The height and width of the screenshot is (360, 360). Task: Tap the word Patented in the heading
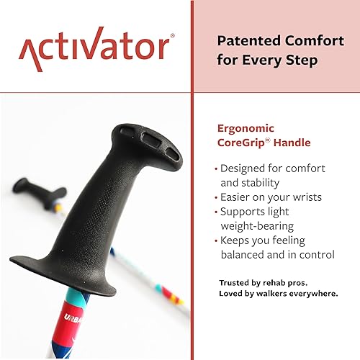point(247,40)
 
